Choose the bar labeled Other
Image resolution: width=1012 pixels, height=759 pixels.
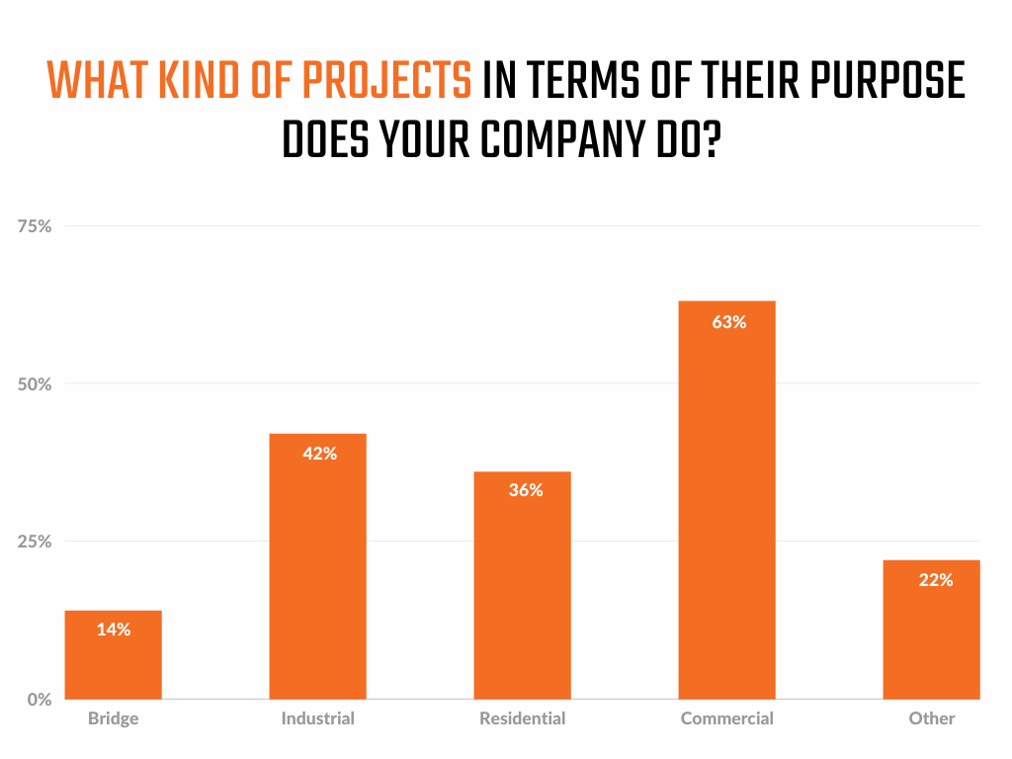(931, 642)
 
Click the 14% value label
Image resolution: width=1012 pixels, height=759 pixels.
(114, 630)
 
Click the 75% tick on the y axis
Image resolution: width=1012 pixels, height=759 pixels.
(35, 226)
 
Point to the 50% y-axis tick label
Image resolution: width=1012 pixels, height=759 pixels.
(35, 383)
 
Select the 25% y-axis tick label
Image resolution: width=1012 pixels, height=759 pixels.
(35, 542)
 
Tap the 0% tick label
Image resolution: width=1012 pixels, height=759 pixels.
(39, 699)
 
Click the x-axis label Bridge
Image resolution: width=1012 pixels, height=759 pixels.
(113, 718)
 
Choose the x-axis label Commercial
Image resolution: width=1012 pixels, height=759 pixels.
(726, 718)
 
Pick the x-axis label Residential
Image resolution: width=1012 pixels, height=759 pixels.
(522, 718)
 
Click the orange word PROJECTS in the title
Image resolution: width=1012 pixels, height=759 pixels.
(385, 81)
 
